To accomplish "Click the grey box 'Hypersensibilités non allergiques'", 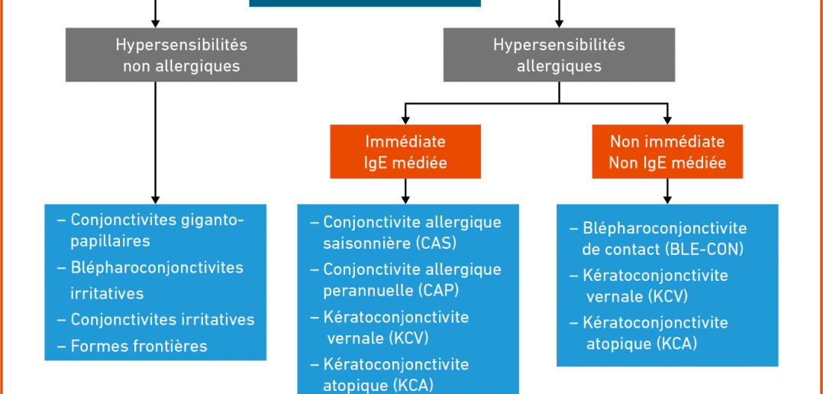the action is (181, 54).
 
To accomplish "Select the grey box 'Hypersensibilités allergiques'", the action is (559, 54).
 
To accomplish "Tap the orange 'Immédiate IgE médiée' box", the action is (405, 152).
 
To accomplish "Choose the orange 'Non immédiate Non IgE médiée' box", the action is (667, 152).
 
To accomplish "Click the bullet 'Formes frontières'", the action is (133, 346).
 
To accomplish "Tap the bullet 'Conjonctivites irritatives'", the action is (157, 319).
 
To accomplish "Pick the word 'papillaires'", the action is (110, 241).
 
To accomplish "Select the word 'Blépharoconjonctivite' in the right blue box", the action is (664, 229).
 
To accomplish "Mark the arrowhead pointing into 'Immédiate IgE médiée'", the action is (405, 120).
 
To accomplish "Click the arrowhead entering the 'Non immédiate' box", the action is (667, 120).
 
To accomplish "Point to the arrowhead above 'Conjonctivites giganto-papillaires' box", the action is (155, 199).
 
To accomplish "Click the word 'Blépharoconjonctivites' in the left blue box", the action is (157, 267).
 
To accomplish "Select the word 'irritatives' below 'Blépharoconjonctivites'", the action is (107, 293).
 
